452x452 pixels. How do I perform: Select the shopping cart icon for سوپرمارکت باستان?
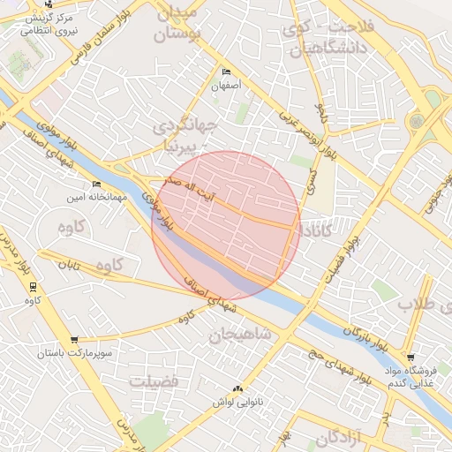pyautogui.click(x=74, y=339)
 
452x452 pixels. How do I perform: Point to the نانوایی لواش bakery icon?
pyautogui.click(x=236, y=388)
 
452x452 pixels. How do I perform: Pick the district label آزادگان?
pyautogui.click(x=340, y=437)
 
